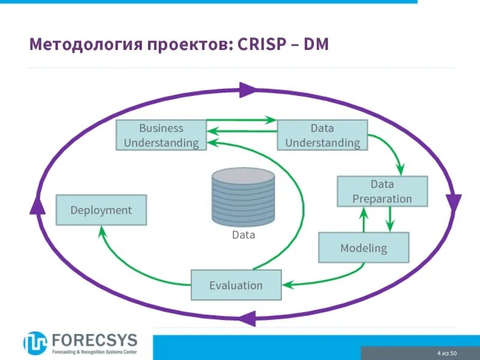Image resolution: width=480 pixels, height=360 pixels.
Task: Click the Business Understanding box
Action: [x=161, y=135]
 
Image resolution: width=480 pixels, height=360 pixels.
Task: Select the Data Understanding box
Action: [x=322, y=135]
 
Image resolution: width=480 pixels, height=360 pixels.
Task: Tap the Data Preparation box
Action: [x=382, y=191]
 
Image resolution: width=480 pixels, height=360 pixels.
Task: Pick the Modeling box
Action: [x=364, y=248]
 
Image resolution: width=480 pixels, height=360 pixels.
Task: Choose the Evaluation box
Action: [x=236, y=285]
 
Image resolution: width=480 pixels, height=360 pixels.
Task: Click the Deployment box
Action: [x=101, y=210]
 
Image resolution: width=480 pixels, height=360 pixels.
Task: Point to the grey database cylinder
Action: [x=243, y=196]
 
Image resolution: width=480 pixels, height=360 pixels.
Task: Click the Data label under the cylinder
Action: [x=244, y=235]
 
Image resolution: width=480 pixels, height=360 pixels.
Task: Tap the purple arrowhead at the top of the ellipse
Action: [x=247, y=91]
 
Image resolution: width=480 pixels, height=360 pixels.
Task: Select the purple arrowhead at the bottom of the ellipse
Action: [x=246, y=318]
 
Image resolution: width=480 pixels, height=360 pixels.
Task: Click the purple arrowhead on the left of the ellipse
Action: [x=37, y=205]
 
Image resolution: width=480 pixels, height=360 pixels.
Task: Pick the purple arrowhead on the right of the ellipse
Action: [x=454, y=202]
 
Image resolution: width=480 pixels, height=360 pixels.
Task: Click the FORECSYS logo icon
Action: [x=35, y=343]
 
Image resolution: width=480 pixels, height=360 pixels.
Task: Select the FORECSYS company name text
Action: [x=94, y=339]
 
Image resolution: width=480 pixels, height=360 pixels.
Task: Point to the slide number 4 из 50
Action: [x=447, y=352]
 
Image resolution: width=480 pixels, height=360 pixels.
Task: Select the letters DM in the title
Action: [x=316, y=44]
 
